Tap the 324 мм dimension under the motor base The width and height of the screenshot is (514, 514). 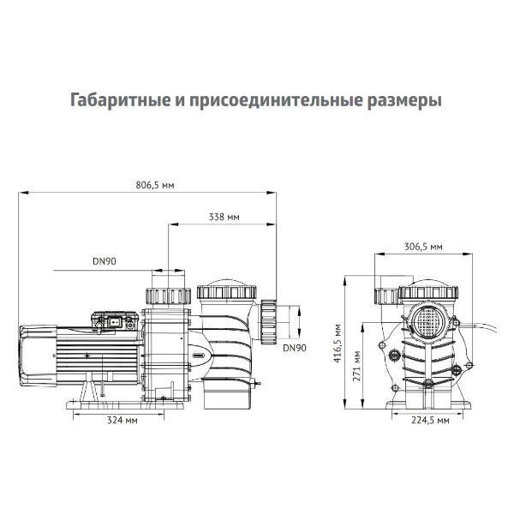pyautogui.click(x=124, y=421)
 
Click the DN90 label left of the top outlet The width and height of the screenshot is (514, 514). pyautogui.click(x=105, y=262)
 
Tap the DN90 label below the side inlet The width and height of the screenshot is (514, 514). pyautogui.click(x=294, y=348)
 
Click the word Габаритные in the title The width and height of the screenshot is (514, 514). pyautogui.click(x=117, y=100)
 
